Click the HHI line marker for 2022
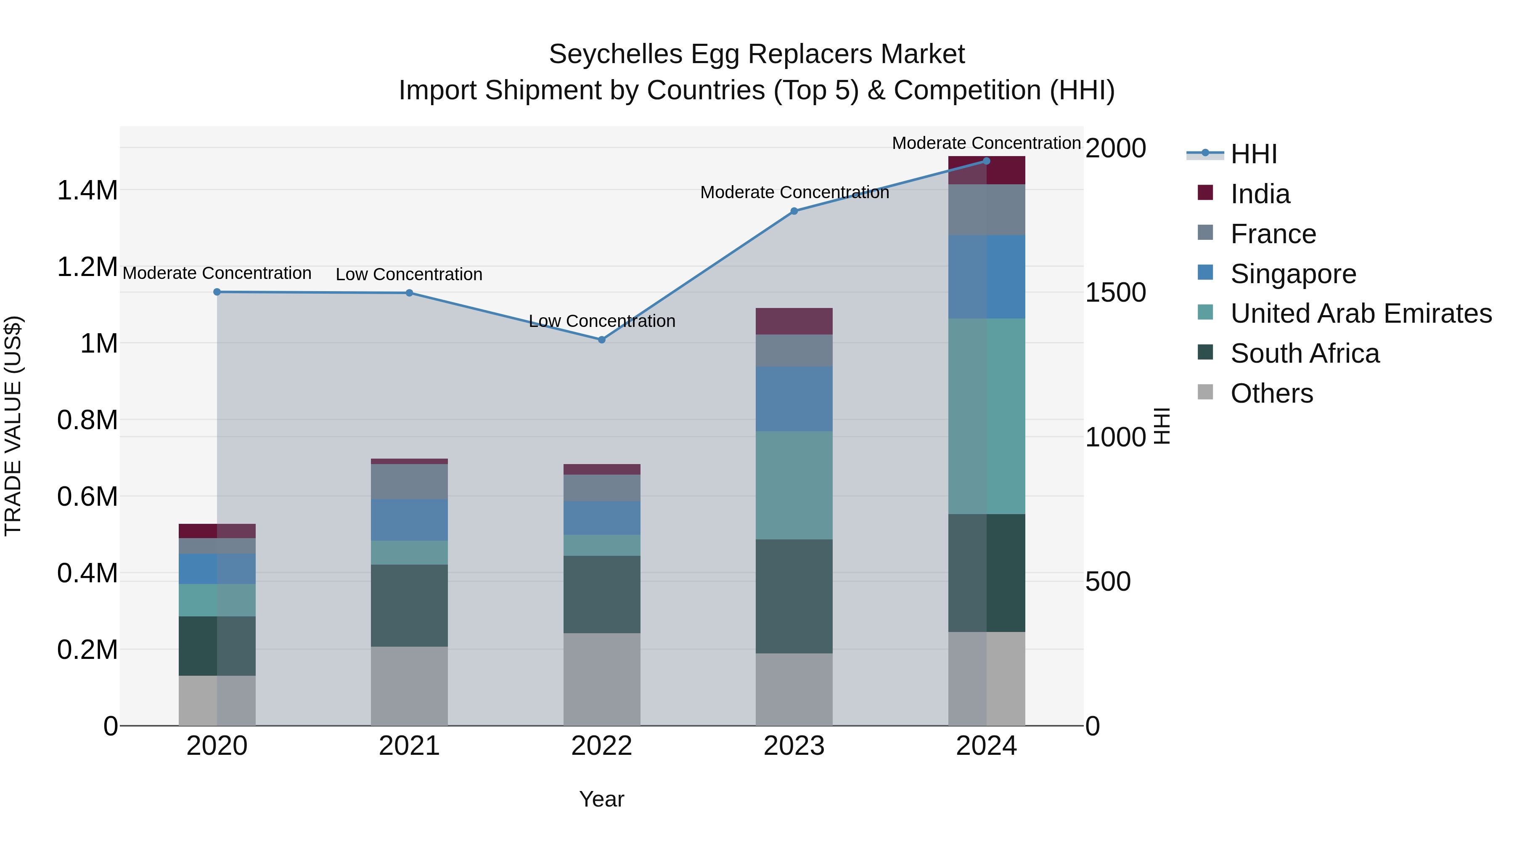pyautogui.click(x=601, y=340)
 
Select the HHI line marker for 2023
pyautogui.click(x=794, y=211)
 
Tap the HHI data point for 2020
pyautogui.click(x=217, y=292)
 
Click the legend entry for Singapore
pyautogui.click(x=1293, y=274)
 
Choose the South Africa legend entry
pyautogui.click(x=1304, y=354)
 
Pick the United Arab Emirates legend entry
pyautogui.click(x=1360, y=314)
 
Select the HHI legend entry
pyautogui.click(x=1253, y=154)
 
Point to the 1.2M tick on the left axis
pyautogui.click(x=87, y=267)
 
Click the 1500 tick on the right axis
pyautogui.click(x=1115, y=293)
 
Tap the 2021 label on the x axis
pyautogui.click(x=409, y=746)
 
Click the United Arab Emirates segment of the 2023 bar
pyautogui.click(x=794, y=485)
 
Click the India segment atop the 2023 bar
pyautogui.click(x=794, y=321)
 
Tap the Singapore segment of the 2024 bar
pyautogui.click(x=986, y=277)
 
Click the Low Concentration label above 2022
pyautogui.click(x=602, y=321)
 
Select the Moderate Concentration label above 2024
pyautogui.click(x=986, y=143)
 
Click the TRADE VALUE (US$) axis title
pyautogui.click(x=13, y=426)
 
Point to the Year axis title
pyautogui.click(x=601, y=799)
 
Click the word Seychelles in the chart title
pyautogui.click(x=615, y=54)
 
